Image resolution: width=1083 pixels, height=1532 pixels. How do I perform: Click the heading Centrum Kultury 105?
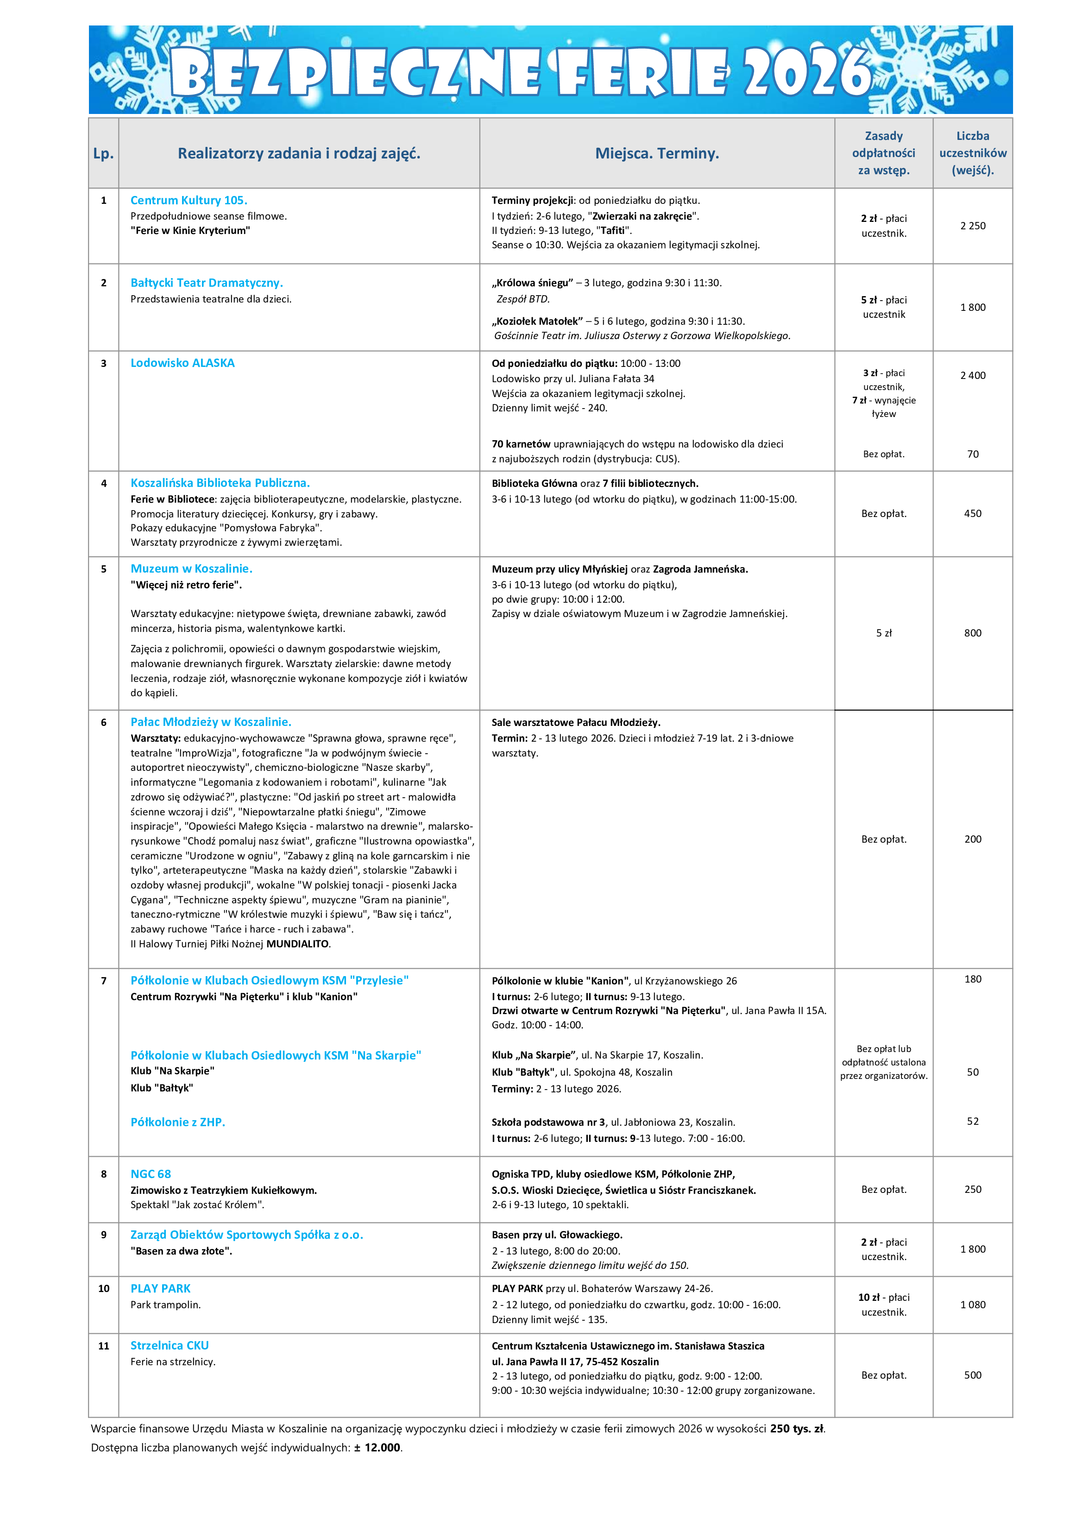point(189,200)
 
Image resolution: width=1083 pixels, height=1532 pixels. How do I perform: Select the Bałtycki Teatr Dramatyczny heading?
point(207,283)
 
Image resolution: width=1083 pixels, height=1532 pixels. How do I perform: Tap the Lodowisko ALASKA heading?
point(182,363)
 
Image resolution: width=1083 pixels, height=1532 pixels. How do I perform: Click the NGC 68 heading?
point(151,1174)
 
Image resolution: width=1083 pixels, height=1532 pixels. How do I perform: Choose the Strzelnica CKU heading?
point(170,1345)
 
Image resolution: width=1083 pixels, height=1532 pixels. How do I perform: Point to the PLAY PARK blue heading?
point(160,1288)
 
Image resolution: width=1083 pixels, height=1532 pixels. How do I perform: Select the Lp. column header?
point(103,153)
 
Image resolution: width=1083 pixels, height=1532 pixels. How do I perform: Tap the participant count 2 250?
point(972,226)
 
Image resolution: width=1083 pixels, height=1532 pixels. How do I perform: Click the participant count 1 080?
point(972,1305)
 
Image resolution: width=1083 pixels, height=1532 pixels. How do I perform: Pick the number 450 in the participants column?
point(972,513)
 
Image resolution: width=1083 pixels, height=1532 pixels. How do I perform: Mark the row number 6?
point(103,722)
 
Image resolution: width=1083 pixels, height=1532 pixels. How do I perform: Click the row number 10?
point(103,1288)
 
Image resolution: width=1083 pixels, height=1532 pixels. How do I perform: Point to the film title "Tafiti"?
point(613,230)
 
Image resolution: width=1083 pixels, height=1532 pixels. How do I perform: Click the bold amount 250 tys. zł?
point(797,1429)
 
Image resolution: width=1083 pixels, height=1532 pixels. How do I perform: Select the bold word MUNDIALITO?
point(297,944)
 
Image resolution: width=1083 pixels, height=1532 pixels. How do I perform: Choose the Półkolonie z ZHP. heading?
point(177,1122)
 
